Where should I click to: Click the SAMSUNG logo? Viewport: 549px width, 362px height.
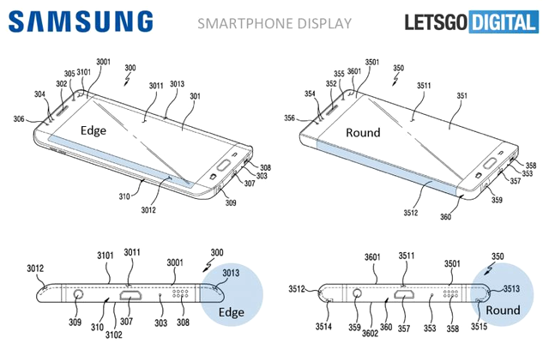[81, 21]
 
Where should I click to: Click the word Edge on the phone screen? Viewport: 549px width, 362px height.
[94, 130]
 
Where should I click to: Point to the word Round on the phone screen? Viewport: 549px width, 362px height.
[363, 133]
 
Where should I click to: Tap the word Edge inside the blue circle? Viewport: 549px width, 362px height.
[232, 312]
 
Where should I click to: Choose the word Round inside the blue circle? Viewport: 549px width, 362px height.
[503, 311]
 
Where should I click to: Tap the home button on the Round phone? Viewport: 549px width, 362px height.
[490, 163]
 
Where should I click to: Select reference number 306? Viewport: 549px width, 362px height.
[19, 119]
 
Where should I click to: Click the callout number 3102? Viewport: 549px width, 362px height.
[114, 335]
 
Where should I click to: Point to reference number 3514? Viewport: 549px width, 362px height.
[323, 326]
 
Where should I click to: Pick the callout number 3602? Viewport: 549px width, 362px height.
[370, 333]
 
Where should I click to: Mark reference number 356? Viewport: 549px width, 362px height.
[290, 118]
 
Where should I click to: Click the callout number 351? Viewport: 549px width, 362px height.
[462, 95]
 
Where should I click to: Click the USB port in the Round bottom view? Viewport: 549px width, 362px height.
[403, 294]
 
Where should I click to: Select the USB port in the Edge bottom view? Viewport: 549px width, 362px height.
[130, 296]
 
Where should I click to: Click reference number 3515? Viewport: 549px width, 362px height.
[479, 326]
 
